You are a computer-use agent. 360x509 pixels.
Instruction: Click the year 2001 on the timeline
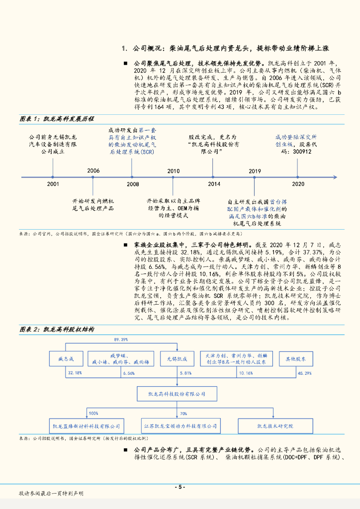click(x=53, y=184)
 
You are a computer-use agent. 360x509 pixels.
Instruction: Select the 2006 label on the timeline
click(x=93, y=171)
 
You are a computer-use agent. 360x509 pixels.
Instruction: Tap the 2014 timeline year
click(x=214, y=184)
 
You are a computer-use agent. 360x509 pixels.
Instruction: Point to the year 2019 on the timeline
click(x=255, y=171)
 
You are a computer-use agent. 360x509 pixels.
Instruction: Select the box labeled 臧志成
click(x=66, y=358)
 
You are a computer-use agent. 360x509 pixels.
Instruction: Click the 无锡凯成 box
click(x=177, y=358)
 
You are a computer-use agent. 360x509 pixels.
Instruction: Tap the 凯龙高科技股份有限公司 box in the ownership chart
click(x=178, y=394)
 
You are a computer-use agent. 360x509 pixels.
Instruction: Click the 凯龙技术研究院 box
click(x=275, y=426)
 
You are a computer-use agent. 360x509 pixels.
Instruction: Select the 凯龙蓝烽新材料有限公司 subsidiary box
click(x=87, y=426)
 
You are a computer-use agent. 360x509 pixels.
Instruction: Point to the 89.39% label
click(x=121, y=339)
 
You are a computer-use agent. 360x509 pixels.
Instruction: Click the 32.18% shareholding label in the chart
click(x=75, y=373)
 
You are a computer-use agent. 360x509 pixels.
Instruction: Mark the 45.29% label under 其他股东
click(x=304, y=373)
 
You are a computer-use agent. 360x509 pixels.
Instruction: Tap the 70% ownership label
click(x=183, y=413)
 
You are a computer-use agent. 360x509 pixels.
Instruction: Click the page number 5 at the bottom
click(x=180, y=487)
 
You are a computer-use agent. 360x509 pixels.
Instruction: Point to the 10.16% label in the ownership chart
click(x=246, y=373)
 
